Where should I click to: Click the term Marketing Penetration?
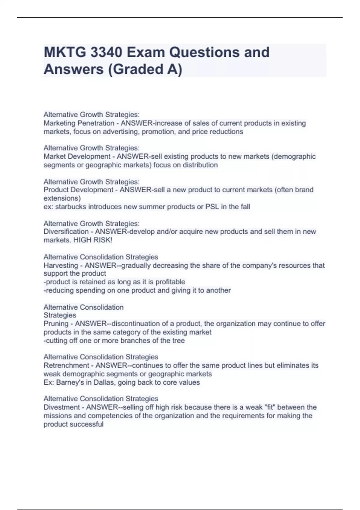tap(79, 123)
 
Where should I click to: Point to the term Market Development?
tap(77, 157)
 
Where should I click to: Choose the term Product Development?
tap(79, 190)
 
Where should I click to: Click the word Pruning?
tap(56, 324)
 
